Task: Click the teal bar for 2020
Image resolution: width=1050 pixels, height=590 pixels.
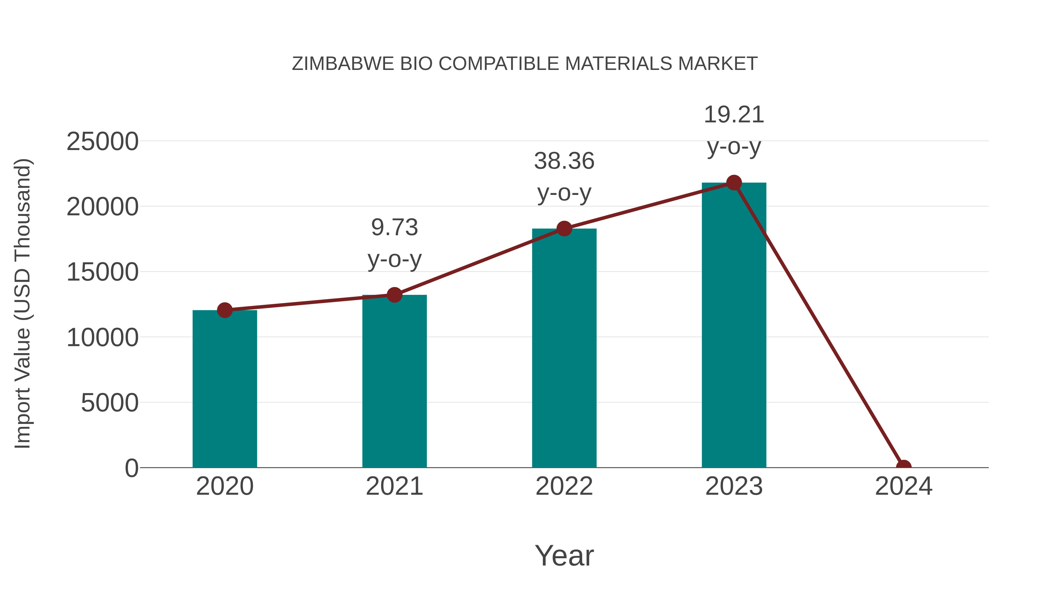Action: pyautogui.click(x=225, y=389)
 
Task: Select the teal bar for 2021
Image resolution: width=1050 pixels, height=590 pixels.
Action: pyautogui.click(x=394, y=381)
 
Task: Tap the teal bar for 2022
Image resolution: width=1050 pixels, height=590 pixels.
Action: pyautogui.click(x=564, y=348)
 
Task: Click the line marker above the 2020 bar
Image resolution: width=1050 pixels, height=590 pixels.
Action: pyautogui.click(x=225, y=310)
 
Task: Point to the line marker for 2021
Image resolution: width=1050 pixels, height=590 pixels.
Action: pyautogui.click(x=394, y=295)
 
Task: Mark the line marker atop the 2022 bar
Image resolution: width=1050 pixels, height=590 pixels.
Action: pyautogui.click(x=564, y=229)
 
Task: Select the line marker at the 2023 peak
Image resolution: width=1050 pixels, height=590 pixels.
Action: pyautogui.click(x=734, y=183)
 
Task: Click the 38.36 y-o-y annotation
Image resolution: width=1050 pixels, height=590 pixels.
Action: pyautogui.click(x=564, y=177)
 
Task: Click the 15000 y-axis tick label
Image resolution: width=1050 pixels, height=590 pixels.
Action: pyautogui.click(x=102, y=272)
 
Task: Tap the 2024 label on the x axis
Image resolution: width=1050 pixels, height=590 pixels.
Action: pyautogui.click(x=904, y=486)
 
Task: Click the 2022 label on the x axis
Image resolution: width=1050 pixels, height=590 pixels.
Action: pyautogui.click(x=564, y=486)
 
